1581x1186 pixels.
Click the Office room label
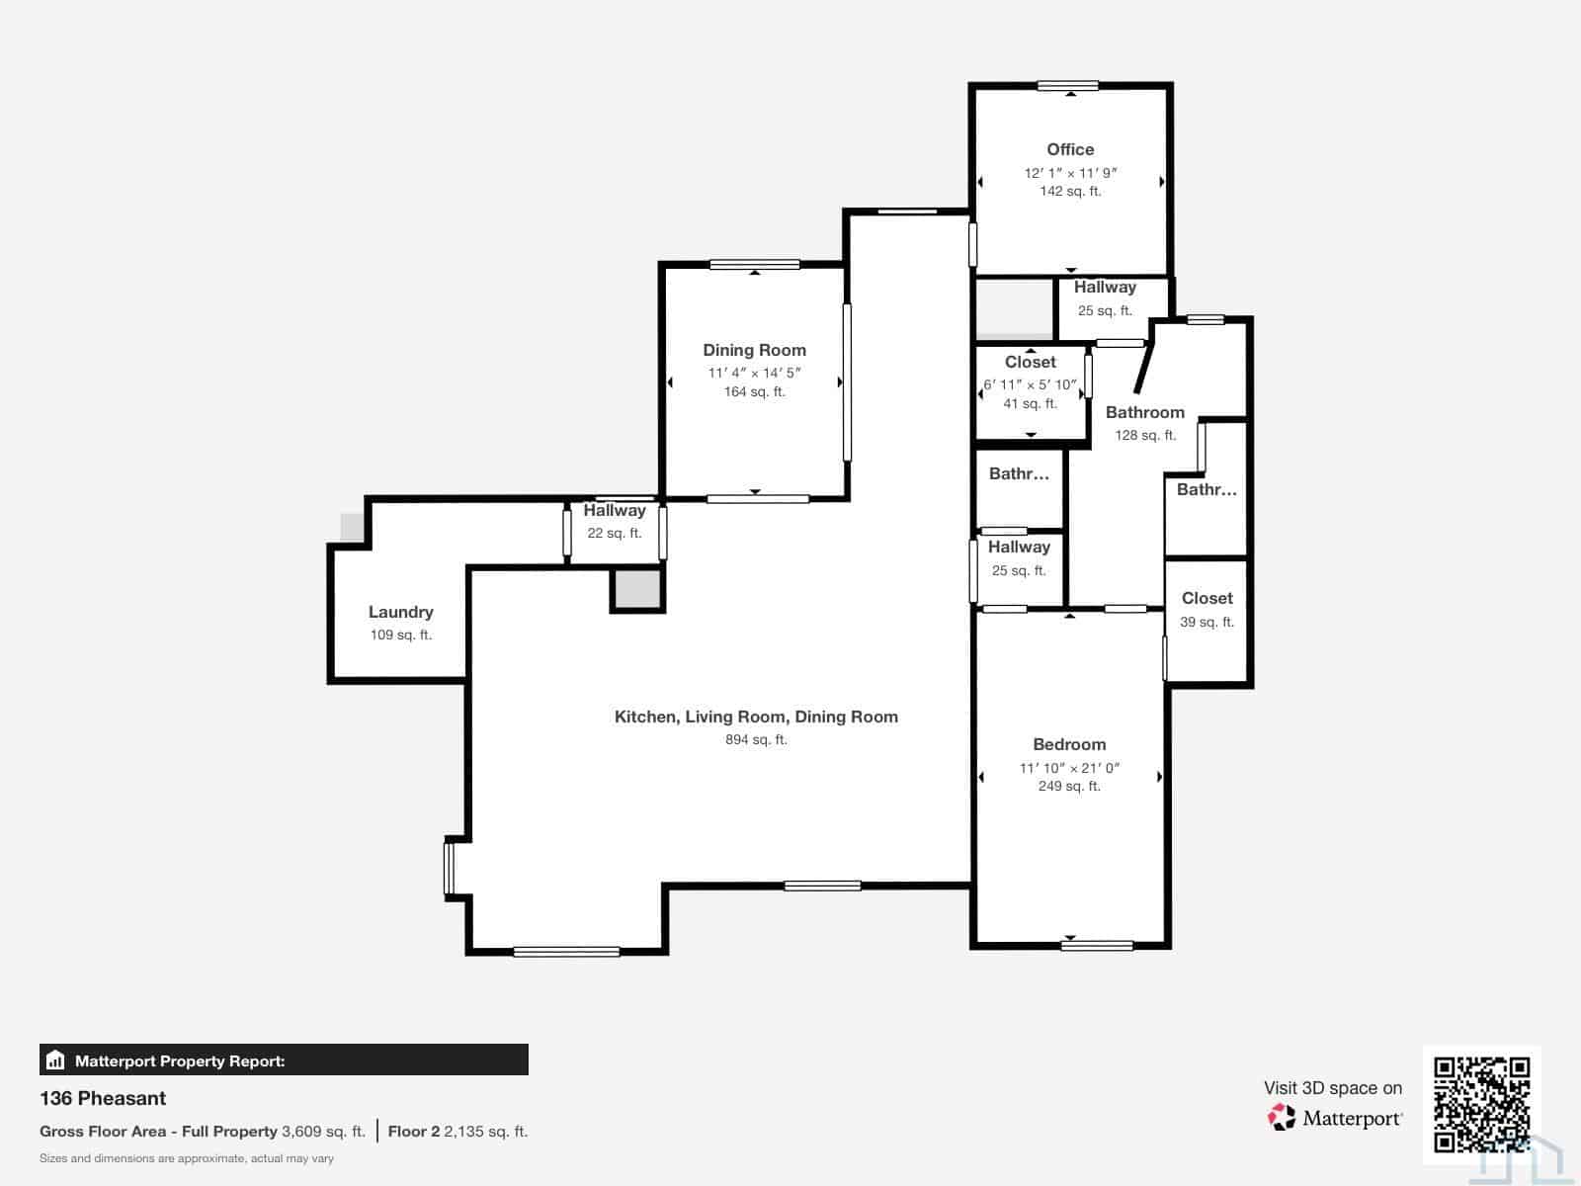(1069, 150)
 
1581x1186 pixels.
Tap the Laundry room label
(400, 612)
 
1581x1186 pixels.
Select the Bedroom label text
(1069, 744)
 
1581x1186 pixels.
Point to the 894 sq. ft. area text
(756, 739)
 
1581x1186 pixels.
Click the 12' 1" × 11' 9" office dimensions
(1070, 173)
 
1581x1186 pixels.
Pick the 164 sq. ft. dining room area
(754, 391)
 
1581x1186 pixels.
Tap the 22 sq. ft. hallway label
(614, 533)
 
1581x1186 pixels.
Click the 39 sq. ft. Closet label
(1207, 622)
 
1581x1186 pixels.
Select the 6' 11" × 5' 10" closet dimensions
(1030, 384)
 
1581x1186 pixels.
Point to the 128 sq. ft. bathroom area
(1145, 435)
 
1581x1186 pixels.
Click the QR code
(1481, 1105)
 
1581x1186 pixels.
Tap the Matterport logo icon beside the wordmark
(1281, 1117)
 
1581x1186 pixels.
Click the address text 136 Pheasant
(103, 1098)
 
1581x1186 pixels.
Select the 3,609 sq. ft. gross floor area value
(323, 1132)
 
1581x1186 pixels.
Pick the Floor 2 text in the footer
(413, 1132)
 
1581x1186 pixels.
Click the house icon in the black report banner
(55, 1059)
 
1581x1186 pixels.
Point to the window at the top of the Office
(1067, 86)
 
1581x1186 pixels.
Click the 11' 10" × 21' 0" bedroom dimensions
(1069, 768)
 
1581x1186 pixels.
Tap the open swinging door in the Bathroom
(1144, 368)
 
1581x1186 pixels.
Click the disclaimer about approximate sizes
(187, 1158)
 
